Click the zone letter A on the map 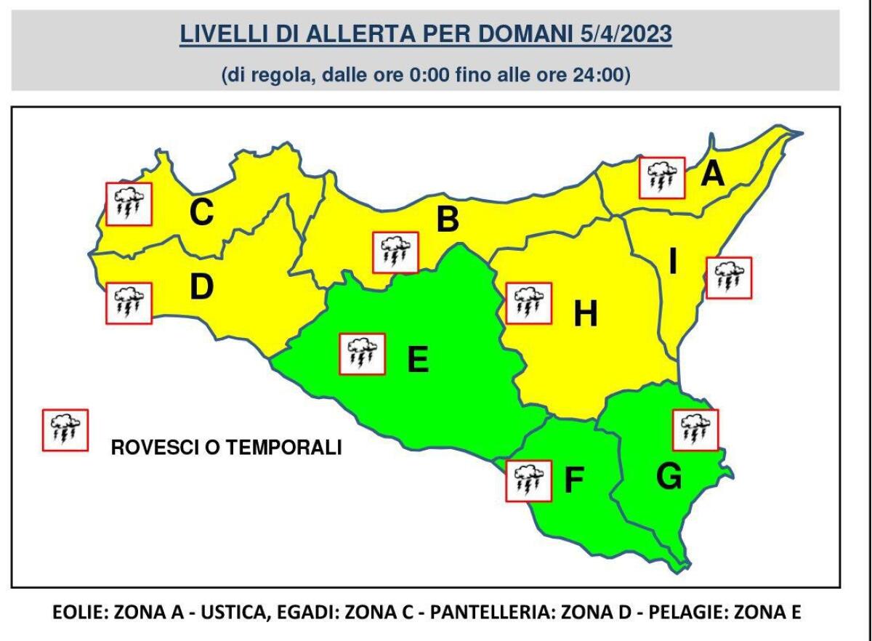pos(712,174)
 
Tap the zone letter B pos(448,219)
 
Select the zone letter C pos(201,212)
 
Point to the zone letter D pos(201,287)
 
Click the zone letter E pos(418,359)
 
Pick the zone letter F pos(574,480)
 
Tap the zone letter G pos(669,476)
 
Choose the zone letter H pos(586,314)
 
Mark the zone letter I pos(673,262)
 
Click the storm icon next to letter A pos(662,177)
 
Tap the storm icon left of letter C pos(129,203)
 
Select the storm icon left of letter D pos(129,303)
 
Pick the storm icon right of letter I pos(729,277)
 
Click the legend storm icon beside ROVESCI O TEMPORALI pos(65,430)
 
